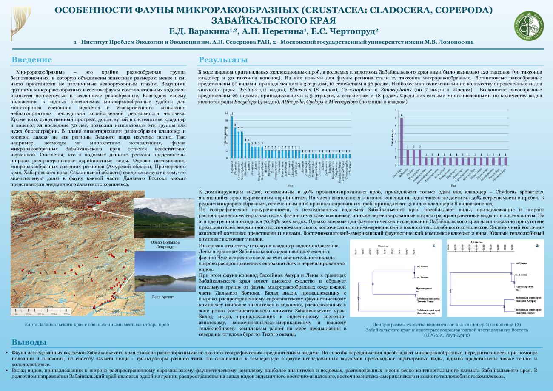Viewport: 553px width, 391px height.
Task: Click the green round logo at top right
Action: click(x=529, y=24)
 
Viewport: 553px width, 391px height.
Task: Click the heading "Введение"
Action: click(x=32, y=59)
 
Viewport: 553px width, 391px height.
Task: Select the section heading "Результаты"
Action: click(x=223, y=59)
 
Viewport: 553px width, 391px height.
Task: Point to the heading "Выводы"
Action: click(x=29, y=342)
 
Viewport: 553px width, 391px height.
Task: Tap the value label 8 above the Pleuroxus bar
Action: click(x=235, y=125)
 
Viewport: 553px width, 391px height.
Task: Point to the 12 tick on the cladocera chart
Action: click(x=226, y=113)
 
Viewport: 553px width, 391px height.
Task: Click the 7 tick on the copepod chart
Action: click(x=396, y=110)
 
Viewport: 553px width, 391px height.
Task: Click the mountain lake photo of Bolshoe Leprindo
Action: click(x=159, y=218)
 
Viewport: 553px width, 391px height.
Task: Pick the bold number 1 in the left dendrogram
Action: click(x=433, y=246)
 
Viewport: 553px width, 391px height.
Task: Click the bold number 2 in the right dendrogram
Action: click(x=537, y=246)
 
